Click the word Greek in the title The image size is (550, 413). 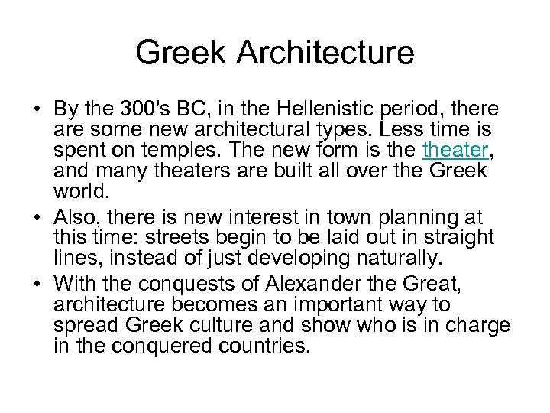point(184,54)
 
